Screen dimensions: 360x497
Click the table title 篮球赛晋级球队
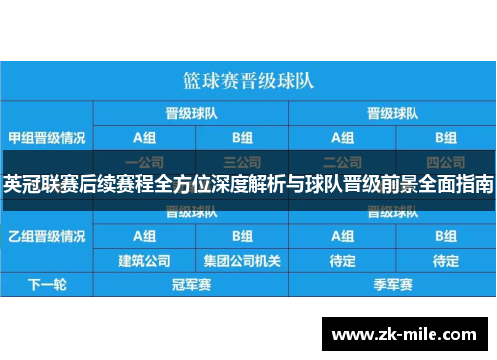(x=248, y=79)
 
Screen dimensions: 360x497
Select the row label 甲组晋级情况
(x=47, y=137)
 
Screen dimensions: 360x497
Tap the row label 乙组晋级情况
(x=47, y=237)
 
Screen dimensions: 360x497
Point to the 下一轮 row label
(x=47, y=284)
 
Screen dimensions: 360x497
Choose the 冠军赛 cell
(x=194, y=284)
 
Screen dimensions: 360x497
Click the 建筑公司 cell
(x=144, y=261)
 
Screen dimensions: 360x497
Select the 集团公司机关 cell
(x=243, y=261)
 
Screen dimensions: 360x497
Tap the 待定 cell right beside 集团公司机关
(x=343, y=261)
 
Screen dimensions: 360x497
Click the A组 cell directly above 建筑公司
(x=144, y=237)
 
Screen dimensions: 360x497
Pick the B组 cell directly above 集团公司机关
(x=243, y=237)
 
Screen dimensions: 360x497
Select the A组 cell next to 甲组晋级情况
(x=144, y=137)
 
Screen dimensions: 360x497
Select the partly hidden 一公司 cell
(x=144, y=160)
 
